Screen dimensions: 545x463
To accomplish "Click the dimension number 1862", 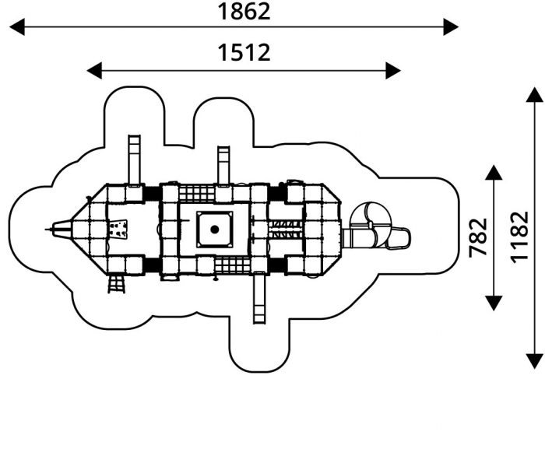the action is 244,12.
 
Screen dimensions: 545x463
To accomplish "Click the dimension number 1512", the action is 244,52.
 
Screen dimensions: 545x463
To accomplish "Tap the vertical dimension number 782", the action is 478,238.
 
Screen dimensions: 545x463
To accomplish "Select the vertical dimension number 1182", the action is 519,237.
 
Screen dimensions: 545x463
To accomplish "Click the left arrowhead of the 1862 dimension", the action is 17,26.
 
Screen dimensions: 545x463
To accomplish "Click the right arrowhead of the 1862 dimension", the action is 451,26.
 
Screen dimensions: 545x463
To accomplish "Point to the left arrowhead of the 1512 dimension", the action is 94,71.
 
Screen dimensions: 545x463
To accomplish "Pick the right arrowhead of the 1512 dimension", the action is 393,71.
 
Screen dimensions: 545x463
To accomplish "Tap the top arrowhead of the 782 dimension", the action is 494,172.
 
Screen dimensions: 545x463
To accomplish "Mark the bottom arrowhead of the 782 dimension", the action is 494,303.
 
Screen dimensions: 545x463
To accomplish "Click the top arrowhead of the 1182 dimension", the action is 535,94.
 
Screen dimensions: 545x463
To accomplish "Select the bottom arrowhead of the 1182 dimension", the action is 535,361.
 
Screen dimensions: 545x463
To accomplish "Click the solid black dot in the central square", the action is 215,230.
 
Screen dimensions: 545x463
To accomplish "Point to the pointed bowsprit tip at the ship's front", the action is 47,230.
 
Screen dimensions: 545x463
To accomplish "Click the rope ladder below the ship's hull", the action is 117,284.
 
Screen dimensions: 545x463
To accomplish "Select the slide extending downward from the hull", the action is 259,298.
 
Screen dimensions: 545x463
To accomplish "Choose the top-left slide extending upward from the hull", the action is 134,160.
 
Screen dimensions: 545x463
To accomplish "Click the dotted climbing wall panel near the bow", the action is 118,229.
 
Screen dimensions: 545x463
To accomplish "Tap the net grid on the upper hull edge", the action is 197,194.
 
